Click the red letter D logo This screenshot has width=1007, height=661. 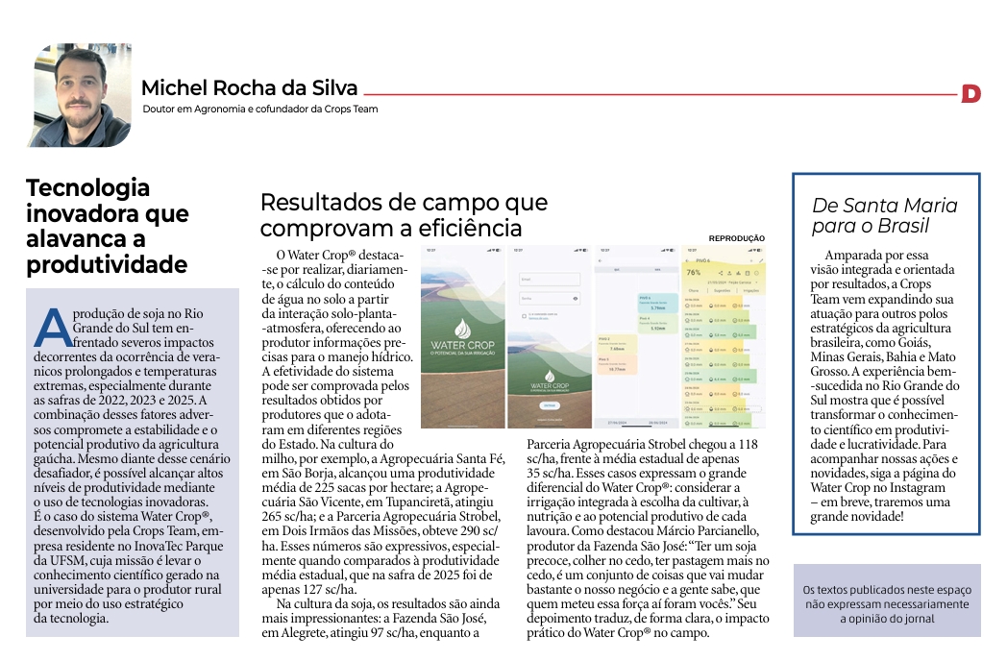970,93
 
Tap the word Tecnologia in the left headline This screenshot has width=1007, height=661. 88,187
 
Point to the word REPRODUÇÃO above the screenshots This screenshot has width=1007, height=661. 737,238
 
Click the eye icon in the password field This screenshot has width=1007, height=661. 576,299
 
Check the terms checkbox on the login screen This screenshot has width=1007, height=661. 524,316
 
